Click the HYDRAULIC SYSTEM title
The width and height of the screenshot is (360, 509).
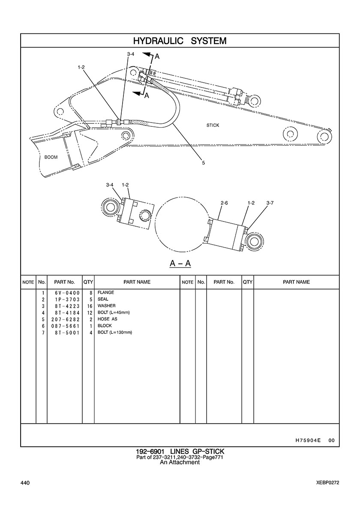(180, 41)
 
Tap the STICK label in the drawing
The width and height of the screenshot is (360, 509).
(213, 125)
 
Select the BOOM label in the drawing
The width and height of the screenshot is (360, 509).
(51, 157)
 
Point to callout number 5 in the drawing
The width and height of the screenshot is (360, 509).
(204, 163)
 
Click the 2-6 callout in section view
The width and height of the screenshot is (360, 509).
(224, 202)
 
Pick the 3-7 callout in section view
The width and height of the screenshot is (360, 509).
(270, 202)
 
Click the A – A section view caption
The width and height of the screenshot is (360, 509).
(180, 263)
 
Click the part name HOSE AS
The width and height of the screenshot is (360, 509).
(108, 319)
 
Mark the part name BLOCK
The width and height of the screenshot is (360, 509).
(105, 326)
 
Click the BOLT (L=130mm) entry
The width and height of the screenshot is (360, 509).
(115, 332)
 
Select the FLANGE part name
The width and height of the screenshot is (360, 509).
(105, 293)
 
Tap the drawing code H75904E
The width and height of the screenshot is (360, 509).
(308, 440)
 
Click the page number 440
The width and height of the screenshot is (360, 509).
(25, 483)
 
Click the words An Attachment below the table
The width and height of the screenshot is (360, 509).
(180, 462)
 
